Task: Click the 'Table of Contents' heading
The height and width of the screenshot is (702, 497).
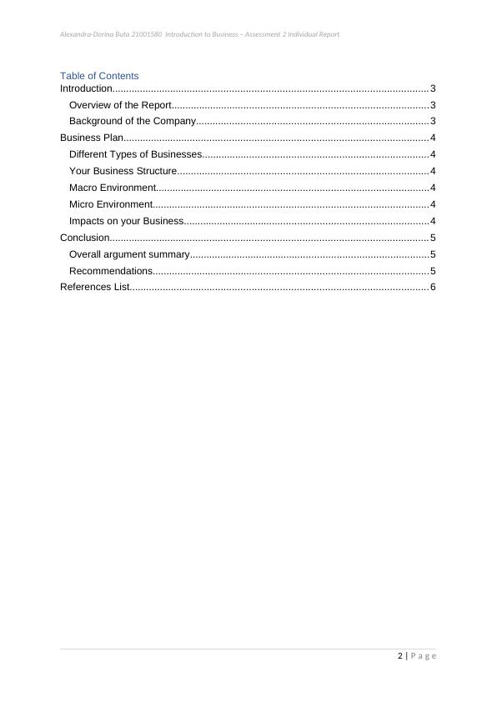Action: (99, 76)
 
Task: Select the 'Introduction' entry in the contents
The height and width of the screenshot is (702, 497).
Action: (86, 88)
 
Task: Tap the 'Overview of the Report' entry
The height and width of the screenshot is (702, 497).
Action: (120, 105)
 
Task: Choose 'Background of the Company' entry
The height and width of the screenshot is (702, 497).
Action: (132, 122)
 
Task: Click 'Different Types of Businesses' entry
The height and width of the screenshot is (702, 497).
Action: (135, 155)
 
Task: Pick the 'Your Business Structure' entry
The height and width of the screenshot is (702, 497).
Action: (123, 172)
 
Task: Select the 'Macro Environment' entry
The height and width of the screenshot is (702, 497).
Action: (112, 188)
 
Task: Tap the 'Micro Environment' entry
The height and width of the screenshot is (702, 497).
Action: (110, 204)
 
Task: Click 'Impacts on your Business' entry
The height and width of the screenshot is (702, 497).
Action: (126, 221)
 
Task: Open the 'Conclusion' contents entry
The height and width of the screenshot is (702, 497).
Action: (84, 238)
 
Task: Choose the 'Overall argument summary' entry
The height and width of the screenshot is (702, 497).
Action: (129, 254)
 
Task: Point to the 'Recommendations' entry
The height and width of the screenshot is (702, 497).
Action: (110, 271)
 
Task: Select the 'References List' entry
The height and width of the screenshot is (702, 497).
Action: (94, 288)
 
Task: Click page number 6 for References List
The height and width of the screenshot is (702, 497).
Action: (433, 288)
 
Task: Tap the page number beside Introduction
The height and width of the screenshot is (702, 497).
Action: (433, 88)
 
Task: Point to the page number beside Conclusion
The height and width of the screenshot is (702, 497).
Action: (433, 238)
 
